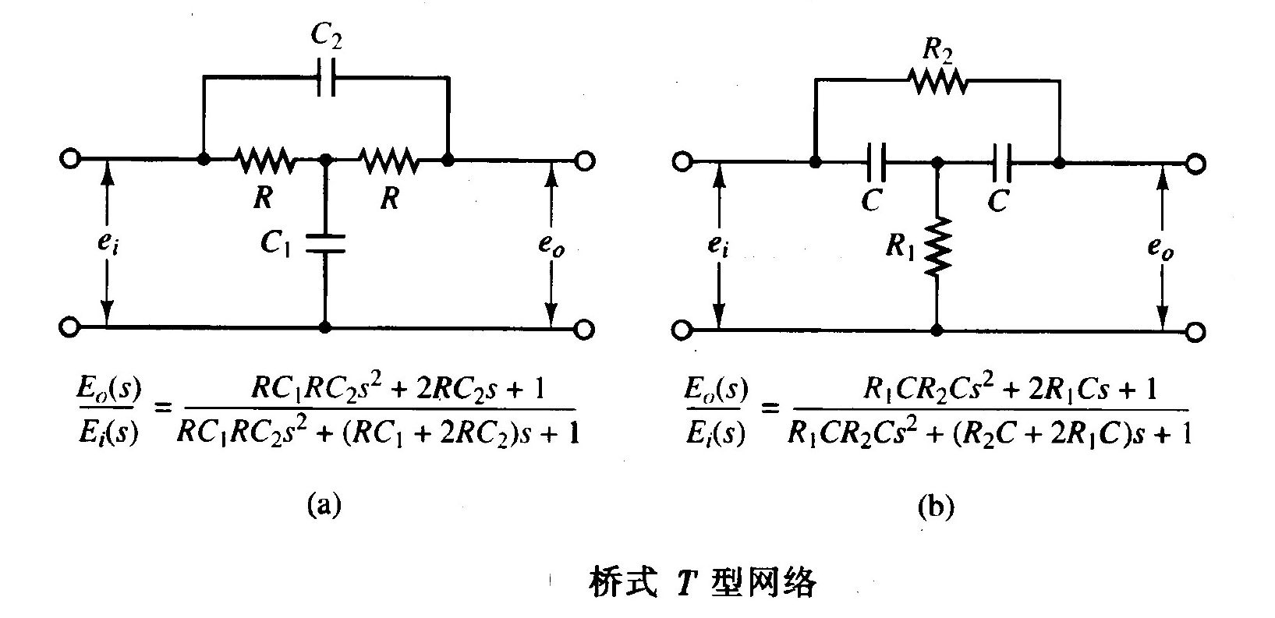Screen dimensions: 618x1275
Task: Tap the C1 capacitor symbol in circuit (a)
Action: pyautogui.click(x=326, y=242)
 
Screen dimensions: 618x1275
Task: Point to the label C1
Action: pyautogui.click(x=276, y=244)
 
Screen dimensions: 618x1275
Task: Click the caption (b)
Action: pyautogui.click(x=935, y=507)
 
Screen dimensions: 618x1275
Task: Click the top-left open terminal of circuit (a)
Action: pyautogui.click(x=70, y=159)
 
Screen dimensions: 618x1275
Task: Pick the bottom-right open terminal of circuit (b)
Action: pyautogui.click(x=1195, y=333)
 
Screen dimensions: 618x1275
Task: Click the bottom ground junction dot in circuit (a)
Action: pyautogui.click(x=326, y=327)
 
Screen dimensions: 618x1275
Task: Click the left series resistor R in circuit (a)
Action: pyautogui.click(x=265, y=161)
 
